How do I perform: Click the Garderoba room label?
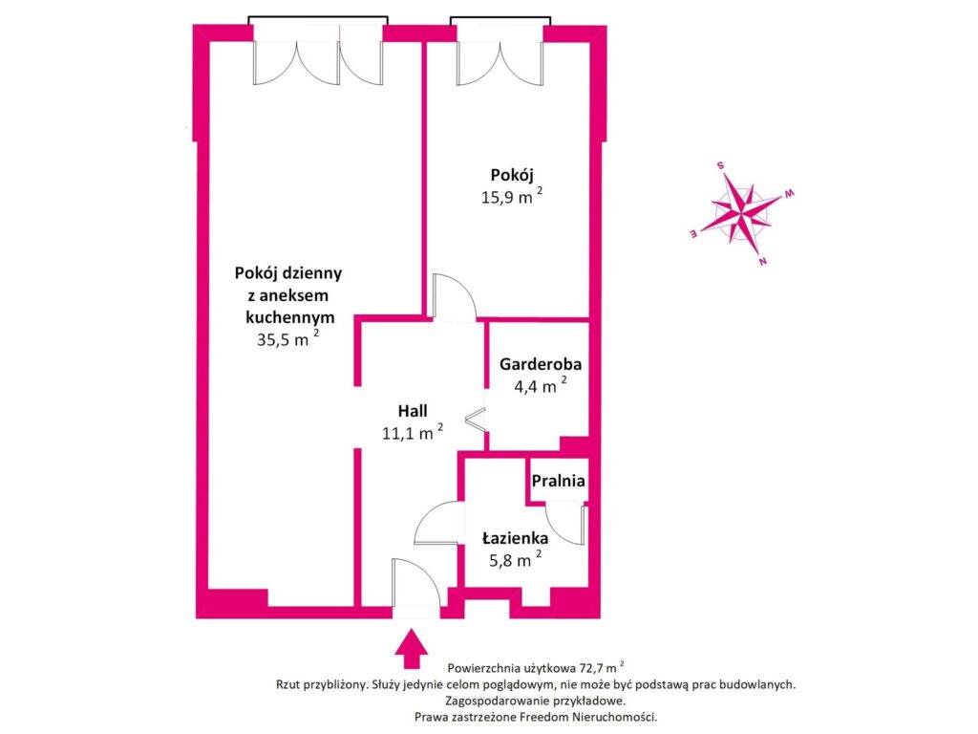(x=540, y=364)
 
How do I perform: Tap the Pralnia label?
(x=558, y=482)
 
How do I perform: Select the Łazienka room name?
(x=515, y=539)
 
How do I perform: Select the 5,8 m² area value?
(x=511, y=561)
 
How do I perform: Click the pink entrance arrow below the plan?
(x=413, y=647)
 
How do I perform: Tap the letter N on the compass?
(x=762, y=261)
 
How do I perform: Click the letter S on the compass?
(x=721, y=164)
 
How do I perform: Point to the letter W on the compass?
(x=790, y=194)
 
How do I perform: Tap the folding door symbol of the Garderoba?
(x=476, y=419)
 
